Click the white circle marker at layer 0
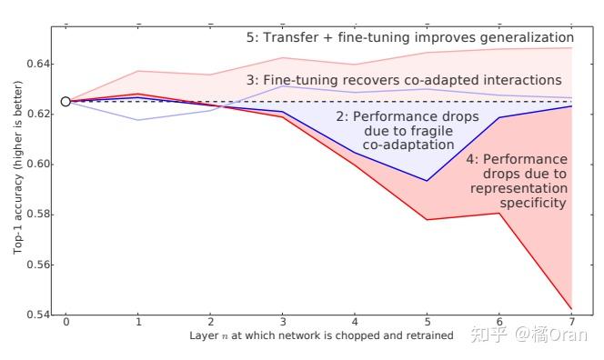(65, 102)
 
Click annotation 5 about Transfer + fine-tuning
(409, 38)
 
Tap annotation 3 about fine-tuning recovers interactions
(404, 80)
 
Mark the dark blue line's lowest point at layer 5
(427, 180)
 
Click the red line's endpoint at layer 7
(570, 309)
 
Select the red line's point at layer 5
(427, 219)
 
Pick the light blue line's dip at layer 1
(137, 120)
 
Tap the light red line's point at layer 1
(137, 71)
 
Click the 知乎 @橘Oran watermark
(528, 335)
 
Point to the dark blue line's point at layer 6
(498, 117)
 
